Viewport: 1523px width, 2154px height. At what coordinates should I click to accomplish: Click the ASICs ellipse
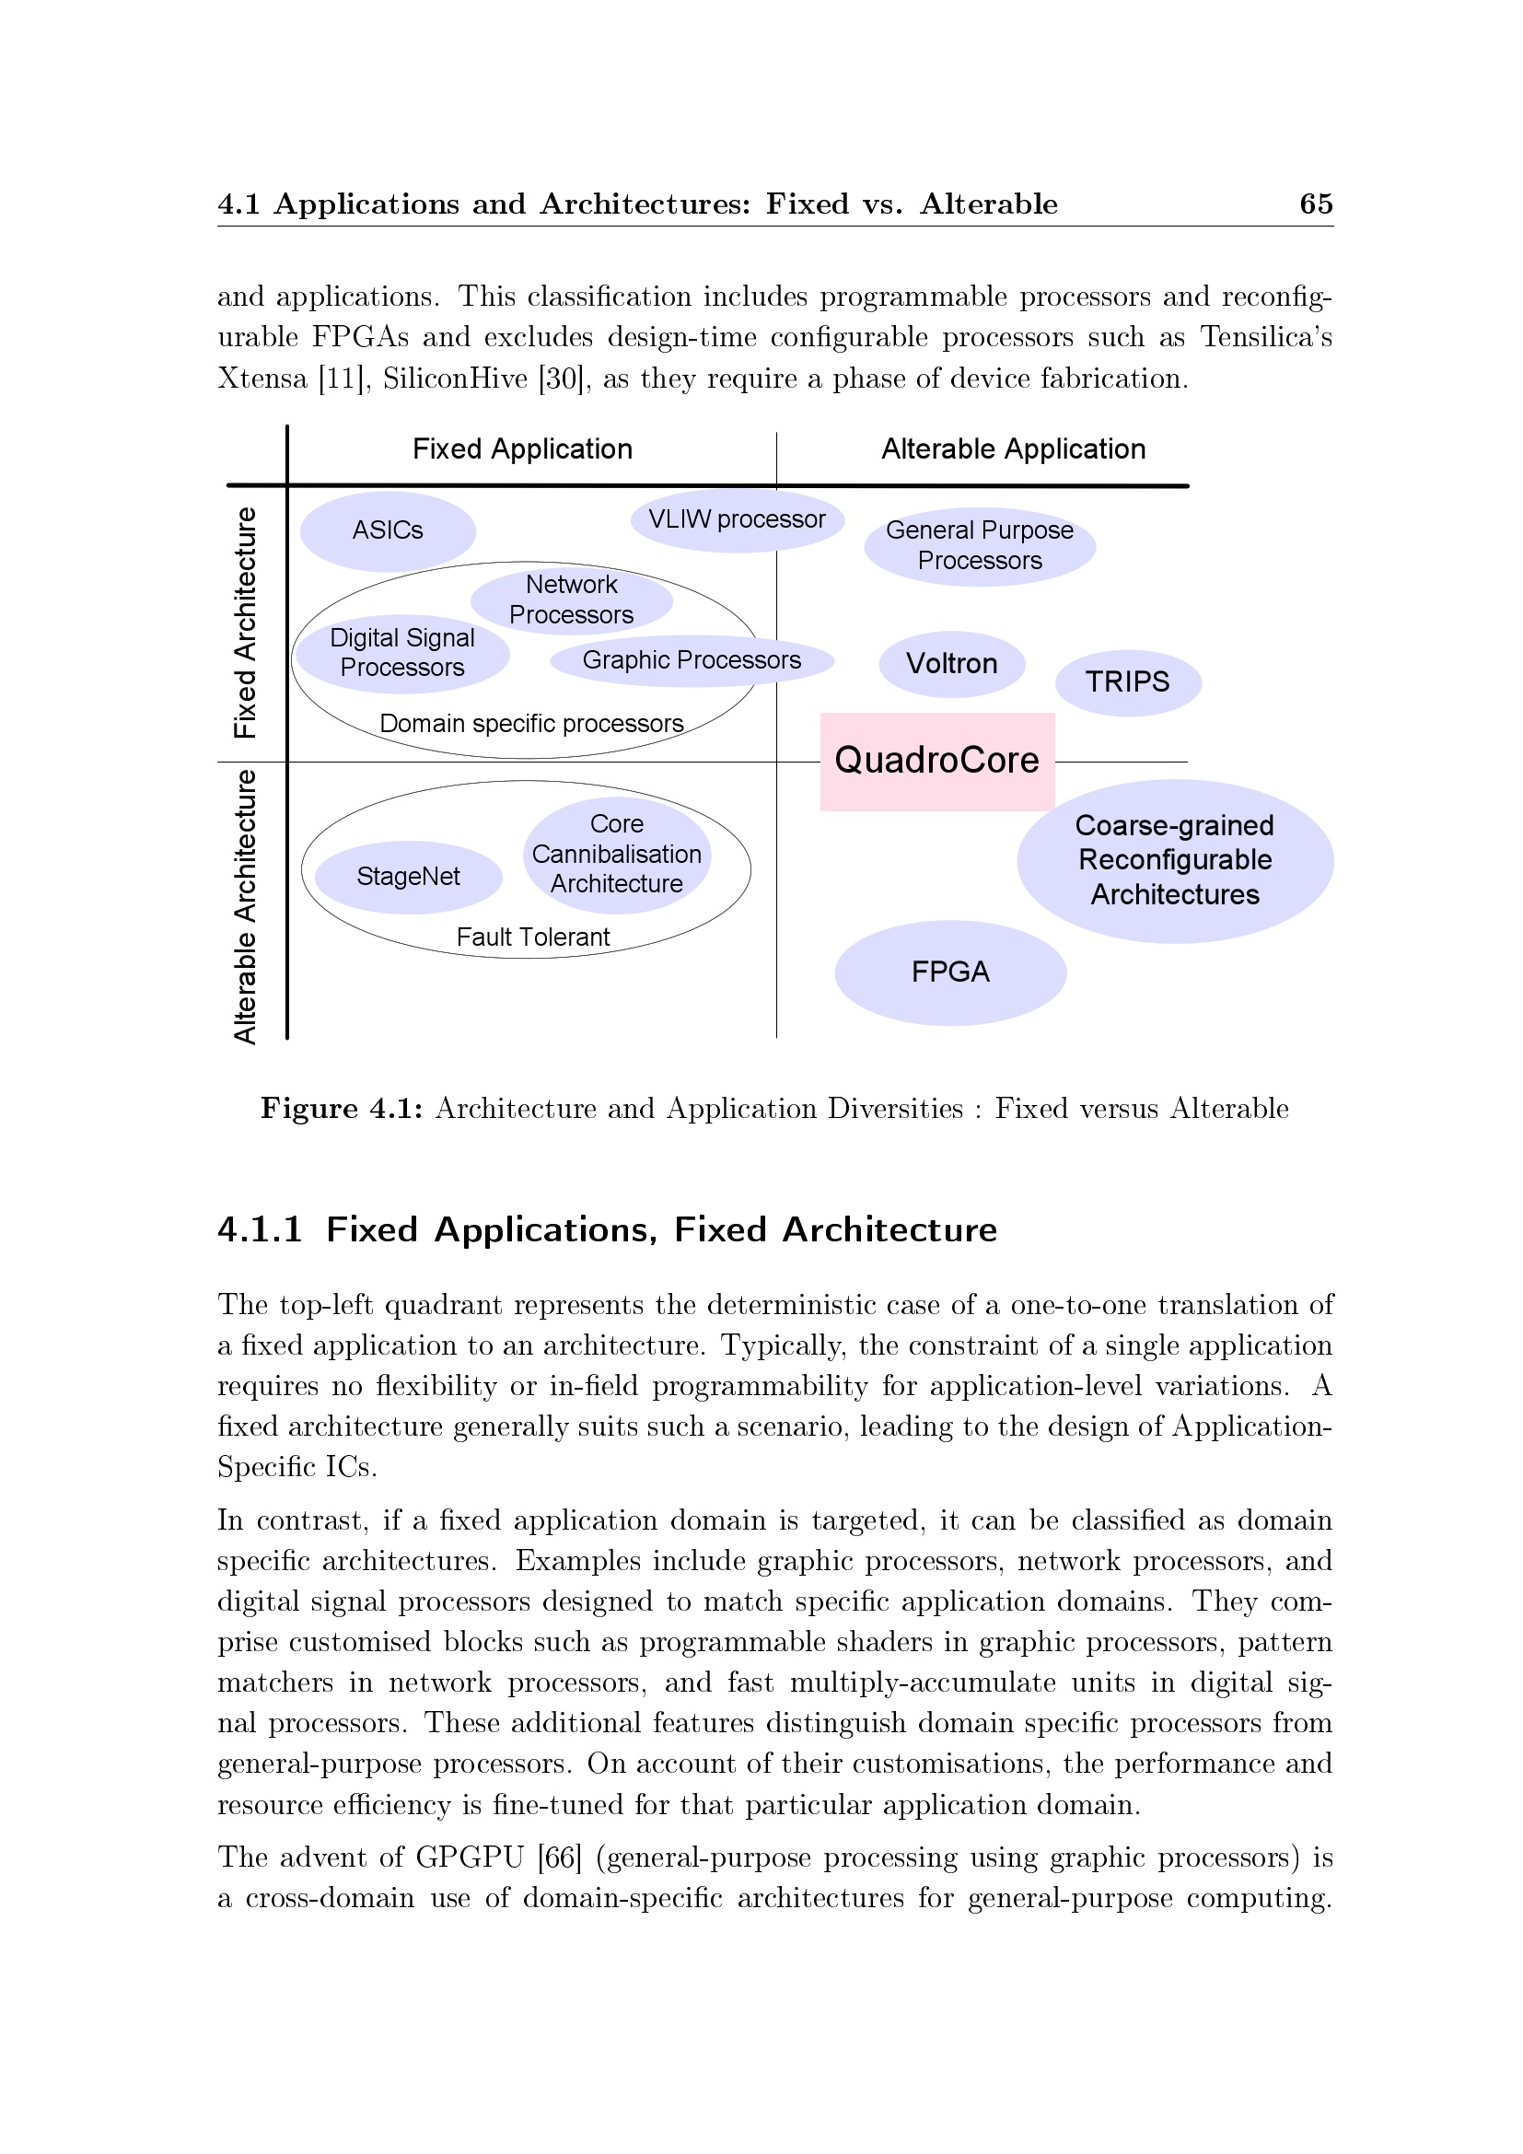point(388,531)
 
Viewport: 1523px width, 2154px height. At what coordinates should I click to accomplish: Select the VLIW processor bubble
point(738,519)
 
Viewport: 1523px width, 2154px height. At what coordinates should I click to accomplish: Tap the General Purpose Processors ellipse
point(979,546)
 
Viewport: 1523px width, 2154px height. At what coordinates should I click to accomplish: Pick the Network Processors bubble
point(571,600)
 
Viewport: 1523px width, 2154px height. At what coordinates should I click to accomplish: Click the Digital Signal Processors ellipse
point(401,653)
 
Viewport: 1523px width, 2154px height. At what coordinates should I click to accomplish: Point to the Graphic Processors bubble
point(692,660)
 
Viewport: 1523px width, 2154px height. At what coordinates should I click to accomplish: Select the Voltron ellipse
point(951,664)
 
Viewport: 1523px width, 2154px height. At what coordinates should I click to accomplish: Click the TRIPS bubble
point(1127,682)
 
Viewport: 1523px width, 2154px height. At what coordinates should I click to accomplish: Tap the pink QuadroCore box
point(936,761)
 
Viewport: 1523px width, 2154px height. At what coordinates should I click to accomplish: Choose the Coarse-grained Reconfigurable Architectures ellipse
point(1174,860)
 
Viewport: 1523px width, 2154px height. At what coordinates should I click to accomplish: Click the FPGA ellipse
point(950,972)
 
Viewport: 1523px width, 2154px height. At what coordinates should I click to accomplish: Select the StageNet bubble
point(408,878)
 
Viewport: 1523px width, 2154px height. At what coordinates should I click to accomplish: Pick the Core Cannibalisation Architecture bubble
point(616,855)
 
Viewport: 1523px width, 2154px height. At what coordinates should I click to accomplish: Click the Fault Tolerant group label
point(532,937)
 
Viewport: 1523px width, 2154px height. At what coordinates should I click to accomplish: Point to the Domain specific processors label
point(530,724)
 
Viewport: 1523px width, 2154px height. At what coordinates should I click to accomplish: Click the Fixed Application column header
point(522,449)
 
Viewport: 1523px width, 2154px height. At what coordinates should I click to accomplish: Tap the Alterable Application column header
point(1013,449)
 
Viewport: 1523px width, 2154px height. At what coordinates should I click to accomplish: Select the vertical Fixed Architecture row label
point(245,623)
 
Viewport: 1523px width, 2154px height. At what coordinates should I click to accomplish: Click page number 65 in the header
point(1316,204)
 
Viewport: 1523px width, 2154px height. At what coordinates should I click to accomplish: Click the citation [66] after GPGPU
point(559,1857)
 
